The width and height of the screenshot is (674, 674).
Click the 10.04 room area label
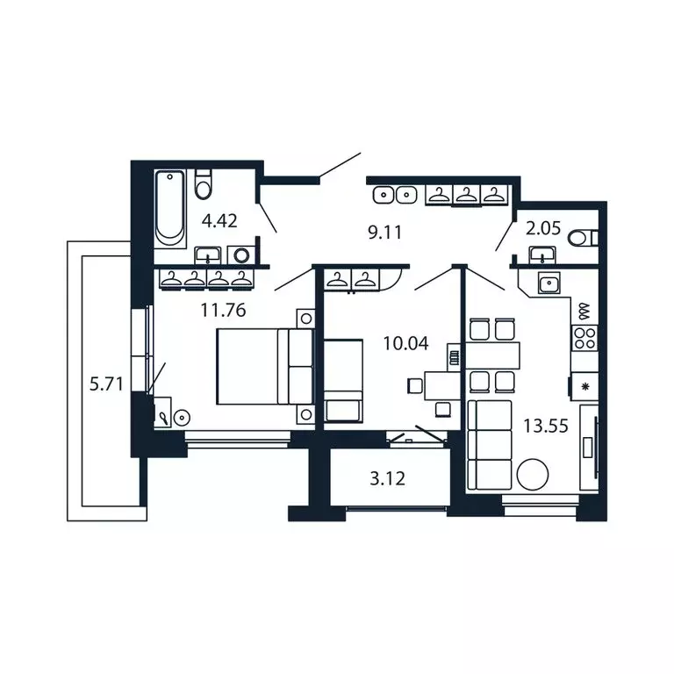[405, 343]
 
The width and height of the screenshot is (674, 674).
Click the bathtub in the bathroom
[170, 209]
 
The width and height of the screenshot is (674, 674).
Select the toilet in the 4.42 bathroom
[204, 186]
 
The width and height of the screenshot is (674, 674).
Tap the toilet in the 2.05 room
[582, 237]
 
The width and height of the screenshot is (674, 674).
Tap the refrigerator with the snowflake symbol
[584, 384]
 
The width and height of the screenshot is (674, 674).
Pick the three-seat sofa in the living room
[489, 444]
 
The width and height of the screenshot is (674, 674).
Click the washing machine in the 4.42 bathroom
[240, 255]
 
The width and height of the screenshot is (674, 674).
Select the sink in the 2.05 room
[542, 255]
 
